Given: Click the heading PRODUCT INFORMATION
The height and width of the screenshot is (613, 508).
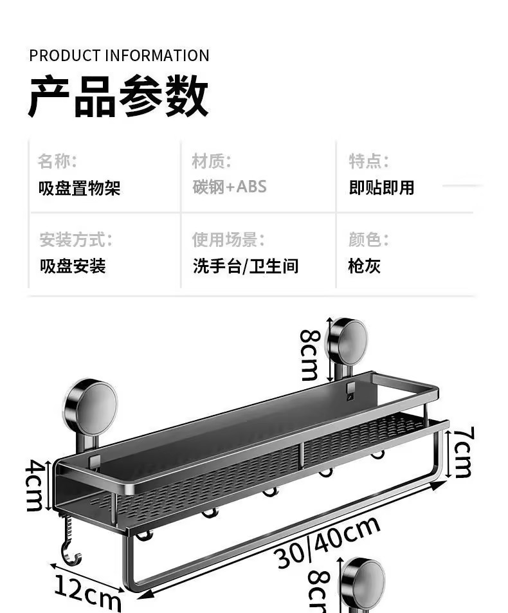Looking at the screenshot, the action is coord(119,55).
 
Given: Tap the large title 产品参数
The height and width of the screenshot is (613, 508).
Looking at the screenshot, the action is coord(118,96).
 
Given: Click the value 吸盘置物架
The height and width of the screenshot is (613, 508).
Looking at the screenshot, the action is coord(80,188).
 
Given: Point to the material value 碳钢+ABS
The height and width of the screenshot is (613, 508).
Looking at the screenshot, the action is coord(230,187).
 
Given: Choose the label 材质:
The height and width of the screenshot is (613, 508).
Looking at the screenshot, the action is coord(212,160).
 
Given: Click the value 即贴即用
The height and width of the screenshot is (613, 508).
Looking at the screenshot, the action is coord(381,188).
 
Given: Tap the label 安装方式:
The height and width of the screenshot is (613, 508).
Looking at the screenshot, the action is coord(75,240).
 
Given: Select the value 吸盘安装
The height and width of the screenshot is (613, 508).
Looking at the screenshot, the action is coord(73,266).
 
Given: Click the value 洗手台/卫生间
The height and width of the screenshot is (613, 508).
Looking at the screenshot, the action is coord(246,266).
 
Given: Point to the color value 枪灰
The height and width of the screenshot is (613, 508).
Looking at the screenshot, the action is coord(365,266).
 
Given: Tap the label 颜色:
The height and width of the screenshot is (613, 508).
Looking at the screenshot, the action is coord(368,240).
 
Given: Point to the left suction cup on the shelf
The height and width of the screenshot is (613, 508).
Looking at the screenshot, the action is coord(90,407).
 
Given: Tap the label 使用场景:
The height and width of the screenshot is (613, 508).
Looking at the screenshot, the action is coord(228,240).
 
